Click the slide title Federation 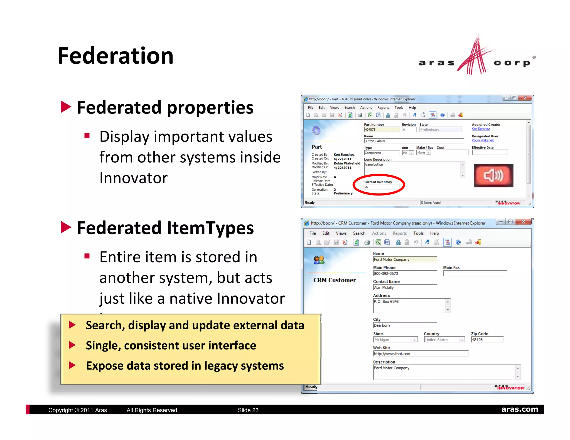tap(116, 56)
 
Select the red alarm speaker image tap(493, 175)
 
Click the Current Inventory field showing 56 tap(381, 187)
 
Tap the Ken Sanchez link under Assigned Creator tap(480, 129)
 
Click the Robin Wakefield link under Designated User tap(483, 140)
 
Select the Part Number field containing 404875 tap(381, 130)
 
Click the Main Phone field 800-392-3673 tap(404, 274)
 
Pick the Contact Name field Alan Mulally tap(404, 288)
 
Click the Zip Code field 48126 tap(487, 340)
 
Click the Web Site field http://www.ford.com tap(420, 354)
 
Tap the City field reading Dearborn tap(404, 325)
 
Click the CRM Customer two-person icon tap(319, 260)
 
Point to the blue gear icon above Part tap(316, 130)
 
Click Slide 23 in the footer tap(248, 410)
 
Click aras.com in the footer tap(519, 409)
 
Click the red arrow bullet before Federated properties tap(66, 107)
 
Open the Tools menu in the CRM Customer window tap(418, 233)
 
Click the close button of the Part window tap(525, 98)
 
